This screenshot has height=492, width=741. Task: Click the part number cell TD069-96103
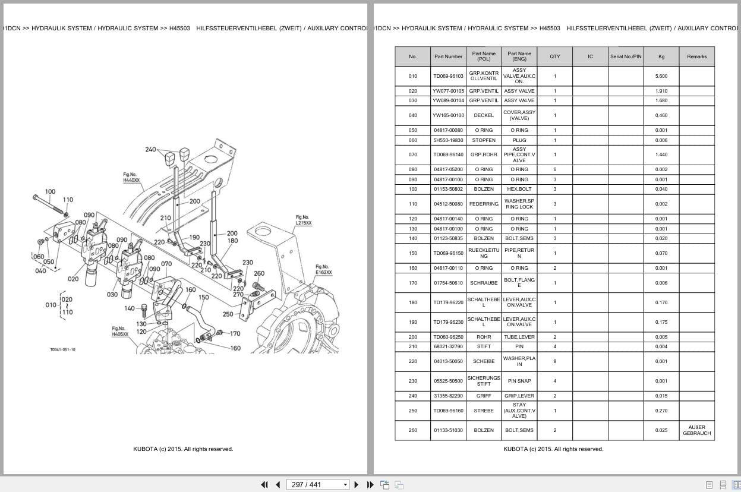pos(448,76)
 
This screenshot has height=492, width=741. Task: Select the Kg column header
pos(661,56)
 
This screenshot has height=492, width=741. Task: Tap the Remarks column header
pos(696,56)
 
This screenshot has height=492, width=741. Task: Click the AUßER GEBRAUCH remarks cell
pos(696,430)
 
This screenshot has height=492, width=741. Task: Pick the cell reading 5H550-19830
pos(448,140)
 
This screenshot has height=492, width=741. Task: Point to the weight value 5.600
pos(661,76)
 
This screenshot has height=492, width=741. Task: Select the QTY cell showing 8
pos(555,361)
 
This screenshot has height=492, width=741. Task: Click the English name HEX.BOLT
pos(519,189)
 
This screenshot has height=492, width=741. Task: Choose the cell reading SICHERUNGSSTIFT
pos(484,381)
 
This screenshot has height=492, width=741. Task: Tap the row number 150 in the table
pos(412,253)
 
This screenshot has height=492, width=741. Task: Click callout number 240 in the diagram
pos(150,150)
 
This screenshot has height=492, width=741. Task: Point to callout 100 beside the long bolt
pos(51,191)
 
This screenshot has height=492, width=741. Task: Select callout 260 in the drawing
pos(259,273)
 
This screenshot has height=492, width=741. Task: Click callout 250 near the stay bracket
pos(228,314)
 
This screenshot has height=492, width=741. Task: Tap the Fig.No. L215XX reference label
pos(304,220)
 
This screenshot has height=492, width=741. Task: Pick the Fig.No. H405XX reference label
pos(120,331)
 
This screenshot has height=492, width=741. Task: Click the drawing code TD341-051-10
pos(63,350)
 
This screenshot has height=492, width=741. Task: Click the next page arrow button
pos(357,485)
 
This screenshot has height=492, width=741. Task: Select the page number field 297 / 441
pos(317,485)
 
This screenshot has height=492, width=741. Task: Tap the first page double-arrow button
pos(264,485)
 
